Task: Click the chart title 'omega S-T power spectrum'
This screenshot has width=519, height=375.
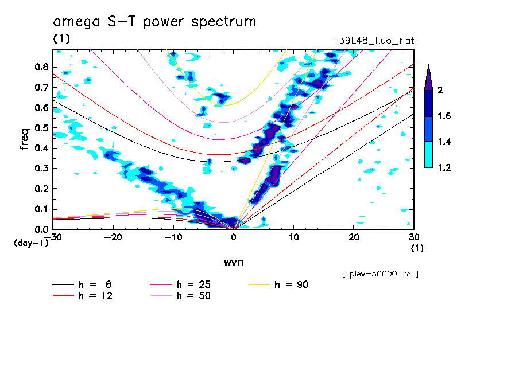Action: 154,22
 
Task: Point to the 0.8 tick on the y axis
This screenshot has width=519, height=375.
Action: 40,67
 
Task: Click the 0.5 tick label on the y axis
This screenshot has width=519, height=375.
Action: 40,128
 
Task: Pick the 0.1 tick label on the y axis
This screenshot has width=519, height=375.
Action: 40,209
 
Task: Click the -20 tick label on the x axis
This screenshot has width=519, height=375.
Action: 113,237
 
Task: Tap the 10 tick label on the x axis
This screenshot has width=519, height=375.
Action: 293,237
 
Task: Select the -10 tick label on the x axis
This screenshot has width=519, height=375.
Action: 173,237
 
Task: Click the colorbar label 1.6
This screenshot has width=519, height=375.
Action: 444,116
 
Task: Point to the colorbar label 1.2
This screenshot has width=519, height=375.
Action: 444,167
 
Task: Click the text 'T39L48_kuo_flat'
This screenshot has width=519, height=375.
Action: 374,41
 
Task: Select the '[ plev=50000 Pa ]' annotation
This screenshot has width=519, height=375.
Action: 380,274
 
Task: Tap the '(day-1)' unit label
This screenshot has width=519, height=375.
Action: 30,243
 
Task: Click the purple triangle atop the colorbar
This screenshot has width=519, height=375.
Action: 428,77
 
